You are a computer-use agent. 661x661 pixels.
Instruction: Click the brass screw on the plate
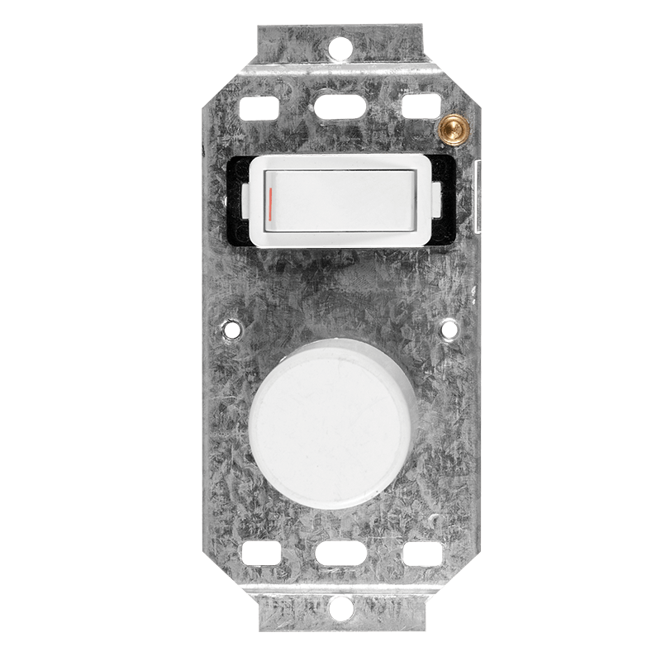click(x=450, y=126)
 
